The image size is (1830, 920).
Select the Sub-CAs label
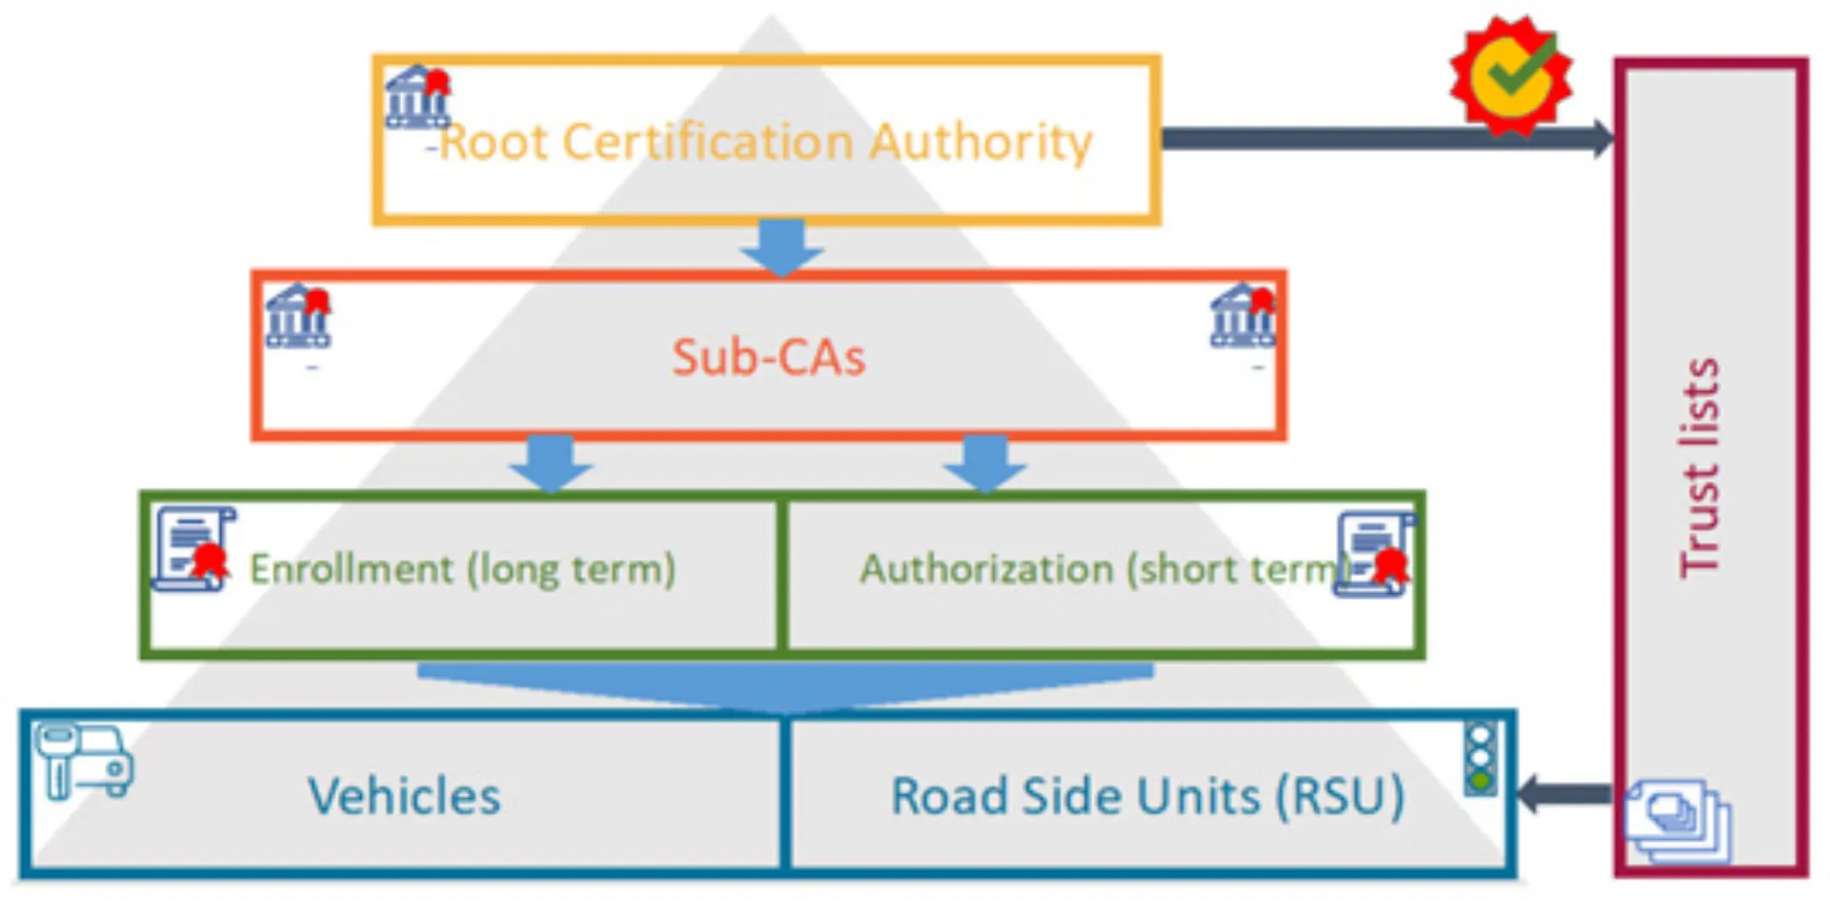tap(768, 358)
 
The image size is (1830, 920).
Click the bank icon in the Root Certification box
tap(417, 96)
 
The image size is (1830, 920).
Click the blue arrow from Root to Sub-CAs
tap(782, 247)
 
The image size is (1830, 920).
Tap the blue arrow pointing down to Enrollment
tap(551, 462)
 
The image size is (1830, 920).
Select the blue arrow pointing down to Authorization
tap(985, 462)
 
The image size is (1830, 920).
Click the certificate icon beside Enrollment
tap(194, 549)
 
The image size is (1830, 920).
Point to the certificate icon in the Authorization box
tap(1374, 554)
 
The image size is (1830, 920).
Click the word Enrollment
tap(351, 569)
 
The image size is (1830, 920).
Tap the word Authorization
tap(986, 569)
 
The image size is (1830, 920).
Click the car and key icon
tap(84, 760)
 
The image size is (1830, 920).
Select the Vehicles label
tap(404, 796)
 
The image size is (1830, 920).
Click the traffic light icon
tap(1480, 759)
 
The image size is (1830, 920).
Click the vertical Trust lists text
tap(1699, 467)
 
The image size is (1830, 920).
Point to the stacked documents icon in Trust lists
tap(1678, 820)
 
